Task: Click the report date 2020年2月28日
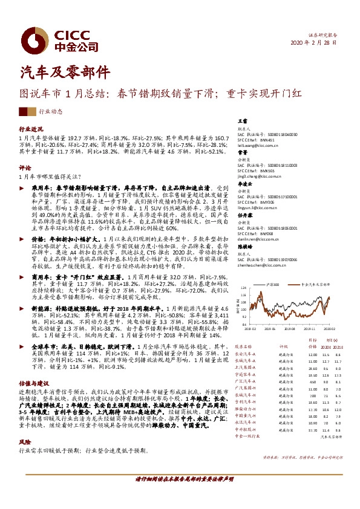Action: pyautogui.click(x=312, y=44)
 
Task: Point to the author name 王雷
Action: pyautogui.click(x=242, y=122)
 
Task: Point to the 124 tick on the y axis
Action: pyautogui.click(x=243, y=287)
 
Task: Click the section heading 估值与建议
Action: pyautogui.click(x=33, y=384)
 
